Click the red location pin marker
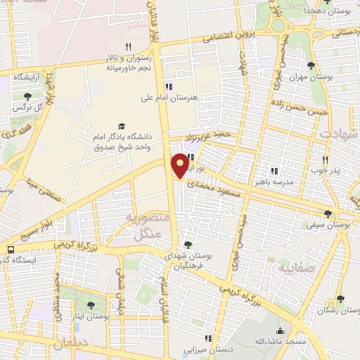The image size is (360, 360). [x=181, y=165]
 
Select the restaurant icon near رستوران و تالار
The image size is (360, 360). [x=128, y=46]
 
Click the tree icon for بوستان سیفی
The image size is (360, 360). [x=327, y=214]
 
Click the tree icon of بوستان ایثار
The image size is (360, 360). [x=90, y=305]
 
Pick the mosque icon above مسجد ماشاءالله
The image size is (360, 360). [x=280, y=330]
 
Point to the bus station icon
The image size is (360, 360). [x=11, y=250]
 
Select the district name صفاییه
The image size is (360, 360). [x=292, y=269]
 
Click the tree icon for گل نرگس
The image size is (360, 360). [x=27, y=96]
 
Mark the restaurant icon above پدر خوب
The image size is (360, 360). [x=325, y=160]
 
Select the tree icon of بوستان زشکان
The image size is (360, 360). [x=340, y=299]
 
